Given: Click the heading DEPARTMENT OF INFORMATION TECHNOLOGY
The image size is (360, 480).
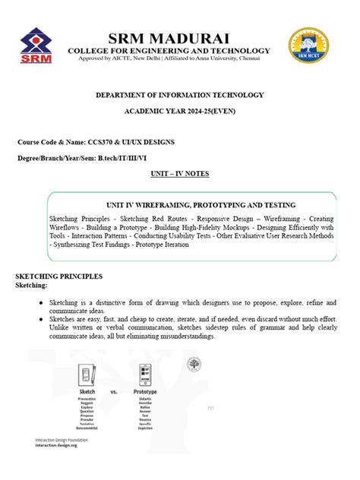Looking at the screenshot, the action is click(x=179, y=95).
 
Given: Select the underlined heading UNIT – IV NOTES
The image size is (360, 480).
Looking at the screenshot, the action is click(x=179, y=174).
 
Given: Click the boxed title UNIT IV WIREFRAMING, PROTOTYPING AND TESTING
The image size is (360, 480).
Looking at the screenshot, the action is click(x=179, y=205).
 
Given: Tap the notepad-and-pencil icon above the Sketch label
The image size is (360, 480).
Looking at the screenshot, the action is click(x=87, y=373).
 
